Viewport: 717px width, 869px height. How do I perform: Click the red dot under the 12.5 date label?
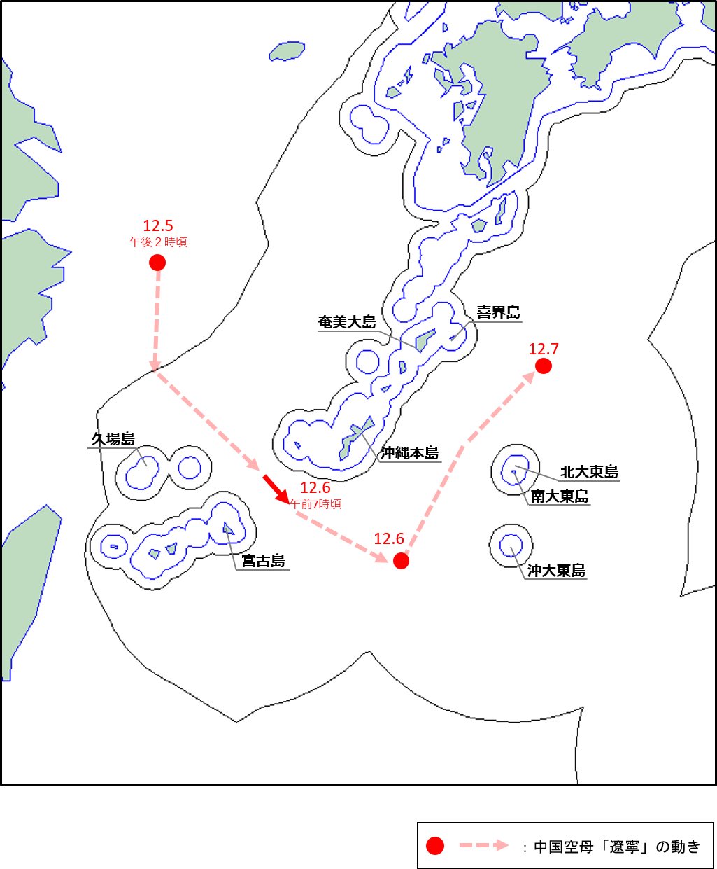click(x=157, y=263)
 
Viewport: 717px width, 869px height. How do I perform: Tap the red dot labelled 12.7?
click(x=543, y=366)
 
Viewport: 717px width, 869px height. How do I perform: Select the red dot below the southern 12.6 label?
click(x=401, y=561)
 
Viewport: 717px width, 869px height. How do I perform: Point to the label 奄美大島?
click(x=347, y=322)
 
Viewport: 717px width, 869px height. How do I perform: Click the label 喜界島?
click(x=498, y=312)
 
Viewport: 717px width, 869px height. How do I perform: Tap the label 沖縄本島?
click(x=410, y=453)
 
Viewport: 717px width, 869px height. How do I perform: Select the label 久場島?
click(x=113, y=439)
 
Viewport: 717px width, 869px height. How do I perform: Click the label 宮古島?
click(x=263, y=561)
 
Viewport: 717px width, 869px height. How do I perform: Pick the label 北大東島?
click(x=589, y=472)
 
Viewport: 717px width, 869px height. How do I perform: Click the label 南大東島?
click(x=560, y=496)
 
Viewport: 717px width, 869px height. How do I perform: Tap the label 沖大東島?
click(x=556, y=571)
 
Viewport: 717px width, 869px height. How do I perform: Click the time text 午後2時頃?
click(x=158, y=242)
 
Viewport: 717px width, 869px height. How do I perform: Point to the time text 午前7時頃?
click(x=315, y=503)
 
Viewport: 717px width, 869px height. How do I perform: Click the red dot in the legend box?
click(x=435, y=846)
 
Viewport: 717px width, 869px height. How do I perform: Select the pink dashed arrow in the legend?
click(x=483, y=846)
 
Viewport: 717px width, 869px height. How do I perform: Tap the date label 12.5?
click(x=157, y=225)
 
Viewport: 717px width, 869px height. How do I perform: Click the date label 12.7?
click(x=544, y=349)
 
